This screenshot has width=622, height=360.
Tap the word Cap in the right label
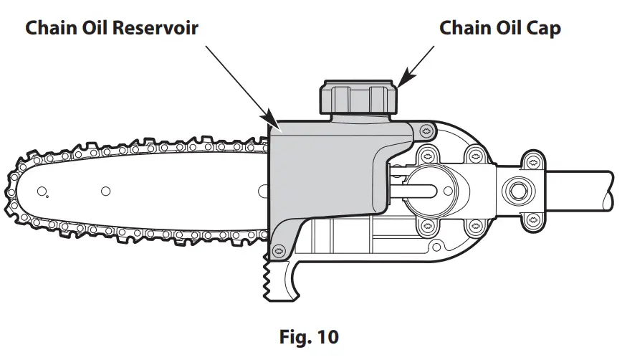[x=542, y=29]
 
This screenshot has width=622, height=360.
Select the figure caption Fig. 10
[x=310, y=336]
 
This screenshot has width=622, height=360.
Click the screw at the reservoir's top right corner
[x=427, y=130]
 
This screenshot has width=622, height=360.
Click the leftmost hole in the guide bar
[x=42, y=191]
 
